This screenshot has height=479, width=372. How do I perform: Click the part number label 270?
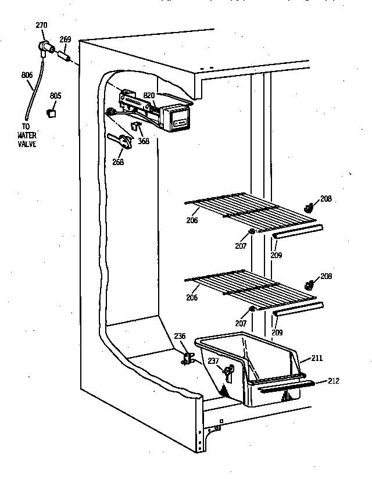(41, 25)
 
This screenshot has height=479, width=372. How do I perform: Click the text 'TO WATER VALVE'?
(26, 135)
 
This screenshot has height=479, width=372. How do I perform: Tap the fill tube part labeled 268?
(119, 141)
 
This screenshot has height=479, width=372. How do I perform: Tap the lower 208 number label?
(326, 277)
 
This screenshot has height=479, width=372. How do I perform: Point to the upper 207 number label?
(241, 246)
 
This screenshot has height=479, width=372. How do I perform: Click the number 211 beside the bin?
(317, 359)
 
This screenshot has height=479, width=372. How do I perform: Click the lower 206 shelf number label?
(192, 297)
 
